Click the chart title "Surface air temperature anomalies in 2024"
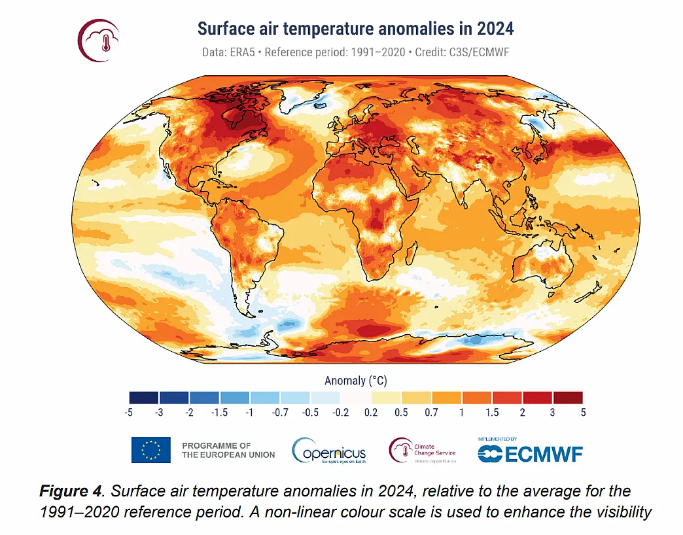pos(355,29)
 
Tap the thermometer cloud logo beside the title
pos(99,41)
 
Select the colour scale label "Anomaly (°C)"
pos(355,380)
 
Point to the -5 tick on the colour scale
pos(130,413)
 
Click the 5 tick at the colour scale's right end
pos(582,413)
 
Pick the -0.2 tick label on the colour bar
pos(341,413)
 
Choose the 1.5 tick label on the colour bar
pos(492,413)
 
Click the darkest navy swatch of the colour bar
pos(144,397)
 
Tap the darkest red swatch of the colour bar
pos(567,397)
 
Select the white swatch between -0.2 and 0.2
pos(356,397)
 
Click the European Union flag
pos(150,450)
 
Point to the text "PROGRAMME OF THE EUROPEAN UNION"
pos(228,450)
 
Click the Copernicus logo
pos(329,451)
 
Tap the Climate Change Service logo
pos(423,450)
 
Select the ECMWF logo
pos(529,452)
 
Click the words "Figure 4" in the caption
pos(69,491)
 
